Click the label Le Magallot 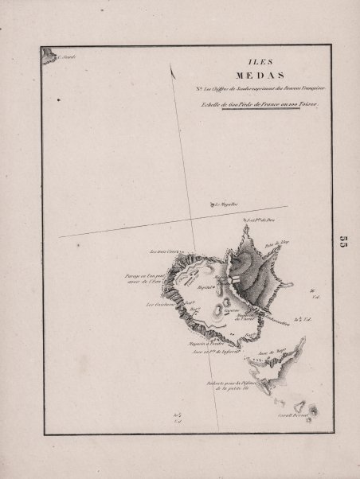point(221,204)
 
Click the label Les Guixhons point(160,304)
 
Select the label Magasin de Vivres point(242,314)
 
